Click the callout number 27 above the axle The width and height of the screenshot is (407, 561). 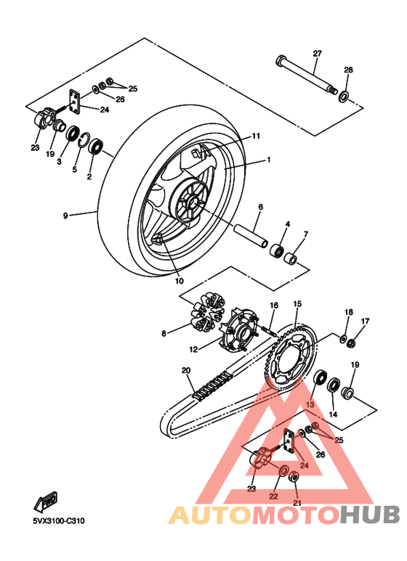click(x=317, y=54)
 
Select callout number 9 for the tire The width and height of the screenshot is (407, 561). click(x=65, y=216)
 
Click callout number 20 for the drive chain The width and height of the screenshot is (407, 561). click(x=186, y=371)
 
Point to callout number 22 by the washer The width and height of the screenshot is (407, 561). click(x=273, y=496)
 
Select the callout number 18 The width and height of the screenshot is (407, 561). click(x=348, y=312)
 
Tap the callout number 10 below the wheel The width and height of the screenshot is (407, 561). click(x=179, y=281)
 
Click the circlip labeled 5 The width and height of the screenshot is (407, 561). click(x=84, y=139)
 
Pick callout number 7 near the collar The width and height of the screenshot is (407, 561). click(x=305, y=234)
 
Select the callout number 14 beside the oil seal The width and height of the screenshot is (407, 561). click(x=334, y=414)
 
